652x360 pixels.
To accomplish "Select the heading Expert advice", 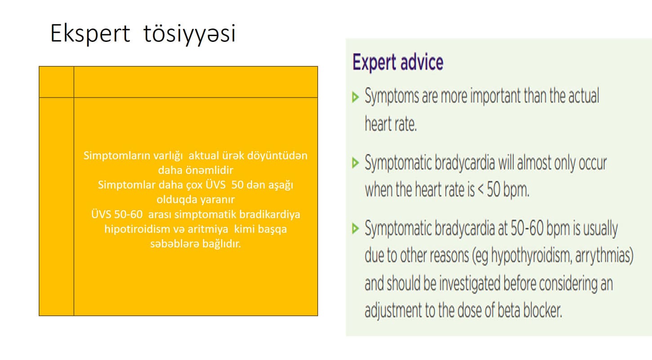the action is pyautogui.click(x=398, y=63).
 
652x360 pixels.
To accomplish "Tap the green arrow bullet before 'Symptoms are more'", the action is pyautogui.click(x=355, y=97).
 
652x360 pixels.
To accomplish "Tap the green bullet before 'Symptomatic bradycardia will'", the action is pyautogui.click(x=355, y=162).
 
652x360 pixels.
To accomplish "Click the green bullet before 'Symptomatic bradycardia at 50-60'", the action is pyautogui.click(x=355, y=228).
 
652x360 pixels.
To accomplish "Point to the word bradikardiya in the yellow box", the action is pyautogui.click(x=269, y=214).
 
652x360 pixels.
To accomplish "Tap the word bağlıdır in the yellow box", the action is pyautogui.click(x=222, y=244).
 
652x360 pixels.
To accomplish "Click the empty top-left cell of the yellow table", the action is pyautogui.click(x=57, y=82).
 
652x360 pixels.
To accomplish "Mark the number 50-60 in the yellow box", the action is pyautogui.click(x=128, y=214).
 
